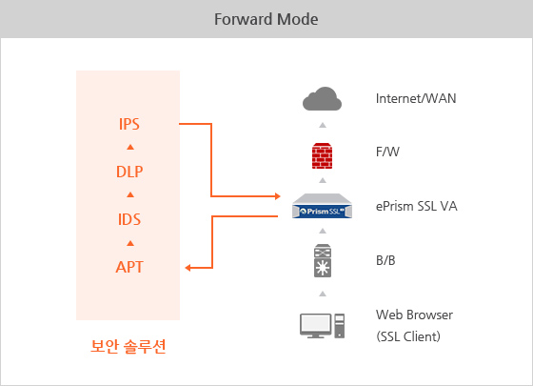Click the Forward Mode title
click(x=266, y=19)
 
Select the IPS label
click(x=129, y=124)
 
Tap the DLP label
click(x=129, y=172)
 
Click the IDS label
click(x=129, y=219)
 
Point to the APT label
click(x=129, y=267)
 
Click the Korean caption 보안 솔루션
click(x=128, y=346)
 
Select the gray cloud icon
click(x=322, y=98)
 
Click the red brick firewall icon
click(x=323, y=155)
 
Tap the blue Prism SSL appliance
click(x=322, y=206)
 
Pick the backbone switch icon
click(x=323, y=260)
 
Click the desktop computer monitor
click(x=315, y=325)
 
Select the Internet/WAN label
click(x=416, y=98)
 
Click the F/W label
click(x=388, y=152)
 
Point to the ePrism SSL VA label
click(x=417, y=206)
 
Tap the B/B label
click(x=385, y=260)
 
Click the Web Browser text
click(x=414, y=315)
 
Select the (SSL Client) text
click(x=408, y=336)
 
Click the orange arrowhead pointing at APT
click(x=188, y=268)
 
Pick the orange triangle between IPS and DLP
click(x=130, y=147)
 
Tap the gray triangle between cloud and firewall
click(x=323, y=125)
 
